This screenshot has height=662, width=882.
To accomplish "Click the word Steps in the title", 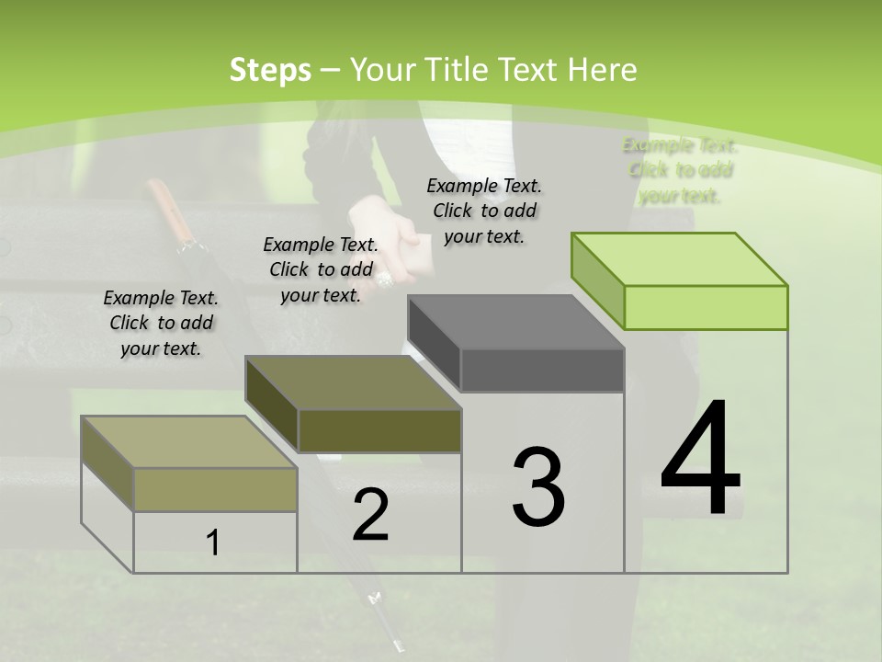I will coord(269,70).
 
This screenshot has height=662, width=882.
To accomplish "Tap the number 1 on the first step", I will coord(213,543).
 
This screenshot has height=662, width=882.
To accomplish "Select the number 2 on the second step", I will coord(370,515).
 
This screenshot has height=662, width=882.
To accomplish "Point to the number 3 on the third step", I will coord(538,487).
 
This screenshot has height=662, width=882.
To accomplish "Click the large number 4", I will coord(700,460).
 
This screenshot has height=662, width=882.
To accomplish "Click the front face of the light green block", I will coord(706,307).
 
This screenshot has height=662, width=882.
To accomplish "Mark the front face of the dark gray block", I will coord(542,370).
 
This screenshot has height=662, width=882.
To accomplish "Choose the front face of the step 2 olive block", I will coord(379,430).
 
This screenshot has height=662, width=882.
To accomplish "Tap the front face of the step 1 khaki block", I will coord(216,489).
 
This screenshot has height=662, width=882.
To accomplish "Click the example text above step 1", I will coord(161,323).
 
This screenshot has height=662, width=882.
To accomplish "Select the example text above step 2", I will coord(321,269).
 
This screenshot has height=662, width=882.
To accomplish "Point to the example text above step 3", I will coord(484,211).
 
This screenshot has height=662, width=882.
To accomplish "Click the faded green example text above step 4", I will coord(680,170).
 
